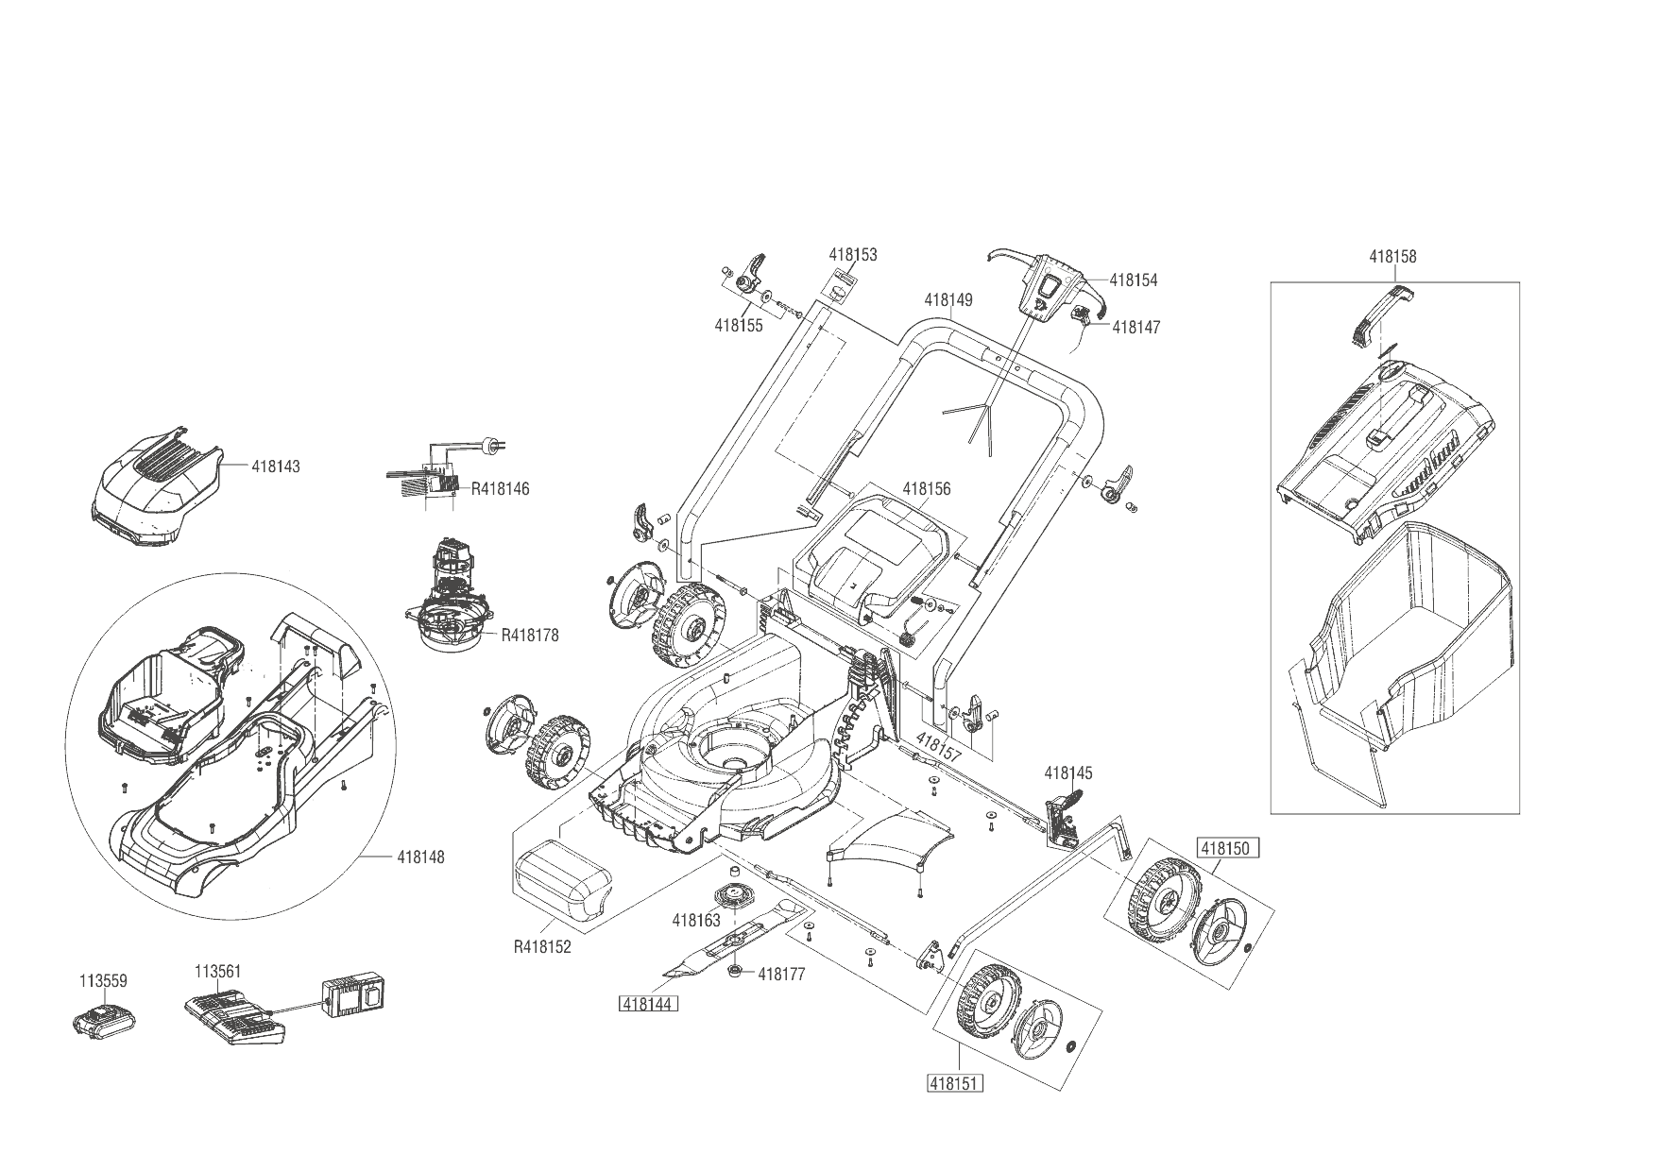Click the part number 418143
pos(276,467)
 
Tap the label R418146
pos(500,489)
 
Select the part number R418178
pos(530,636)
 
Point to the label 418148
pos(420,857)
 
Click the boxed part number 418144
pos(648,1004)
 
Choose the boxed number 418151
pos(955,1083)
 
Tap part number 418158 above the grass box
pos(1392,256)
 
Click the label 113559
pos(103,981)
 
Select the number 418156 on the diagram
pos(926,489)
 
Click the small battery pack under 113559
pos(104,1023)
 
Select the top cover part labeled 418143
pos(157,492)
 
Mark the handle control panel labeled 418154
pos(1047,287)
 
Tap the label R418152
pos(542,946)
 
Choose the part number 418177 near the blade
pos(781,975)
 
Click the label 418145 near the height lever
pos(1067,773)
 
